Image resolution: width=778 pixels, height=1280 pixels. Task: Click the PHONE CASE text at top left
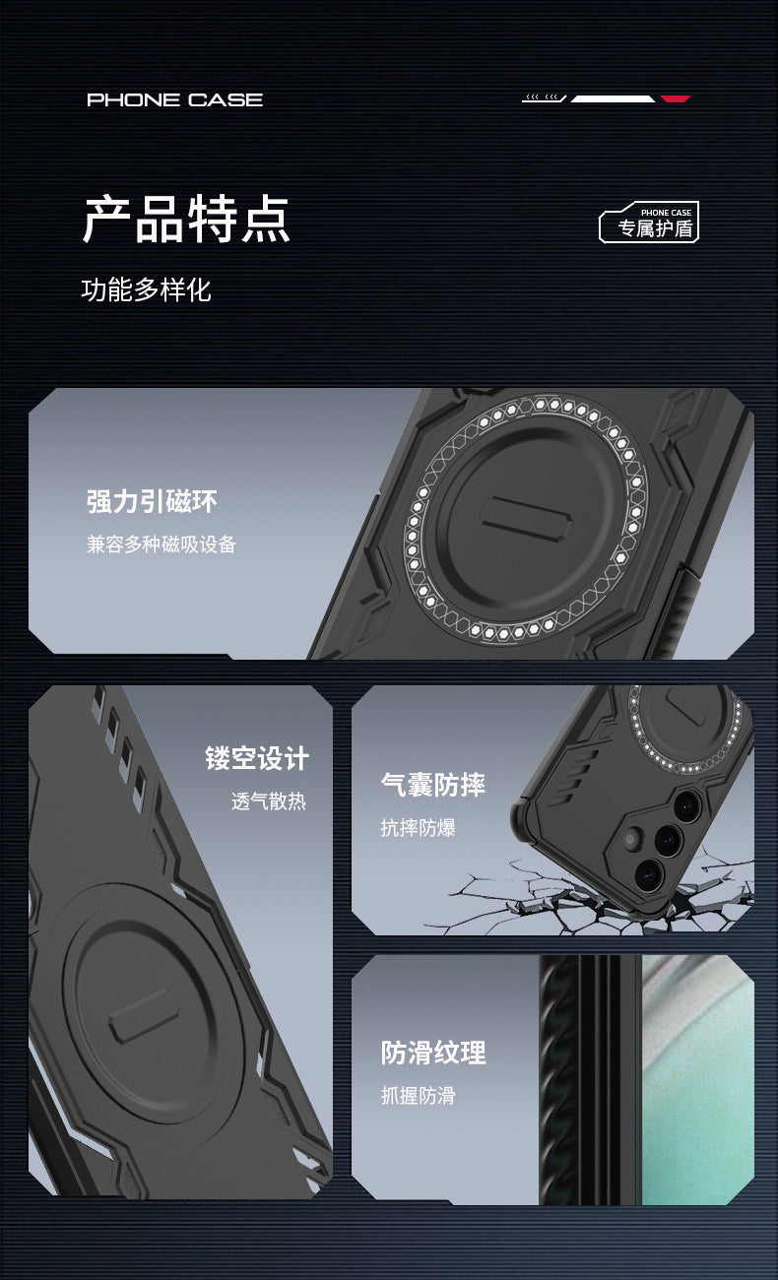(175, 100)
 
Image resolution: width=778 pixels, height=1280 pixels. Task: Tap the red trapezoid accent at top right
(676, 98)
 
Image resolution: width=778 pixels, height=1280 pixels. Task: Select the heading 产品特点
(186, 219)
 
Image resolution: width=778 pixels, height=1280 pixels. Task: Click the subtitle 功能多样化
(147, 289)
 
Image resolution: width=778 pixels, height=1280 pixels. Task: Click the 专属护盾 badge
(649, 223)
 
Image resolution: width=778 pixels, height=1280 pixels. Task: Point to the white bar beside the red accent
(613, 98)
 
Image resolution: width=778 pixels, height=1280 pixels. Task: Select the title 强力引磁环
(152, 502)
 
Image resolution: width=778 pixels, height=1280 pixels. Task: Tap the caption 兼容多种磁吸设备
(162, 544)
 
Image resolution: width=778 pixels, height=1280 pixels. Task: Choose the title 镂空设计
(257, 758)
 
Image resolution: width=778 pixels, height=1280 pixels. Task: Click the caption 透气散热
(269, 801)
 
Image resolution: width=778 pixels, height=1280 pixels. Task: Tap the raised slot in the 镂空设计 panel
(144, 1015)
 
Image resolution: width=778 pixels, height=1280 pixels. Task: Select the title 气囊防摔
(432, 785)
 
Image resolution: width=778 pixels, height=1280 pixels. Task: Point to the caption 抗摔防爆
(418, 827)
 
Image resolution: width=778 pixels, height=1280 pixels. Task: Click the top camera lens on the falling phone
(687, 805)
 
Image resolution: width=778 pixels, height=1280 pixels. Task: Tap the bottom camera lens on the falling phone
(648, 873)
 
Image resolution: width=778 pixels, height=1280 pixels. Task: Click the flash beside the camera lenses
(633, 838)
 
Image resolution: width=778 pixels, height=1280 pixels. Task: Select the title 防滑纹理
(433, 1053)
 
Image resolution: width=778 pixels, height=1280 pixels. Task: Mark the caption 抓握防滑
(419, 1096)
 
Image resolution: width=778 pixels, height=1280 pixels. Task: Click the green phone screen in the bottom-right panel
(697, 1080)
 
